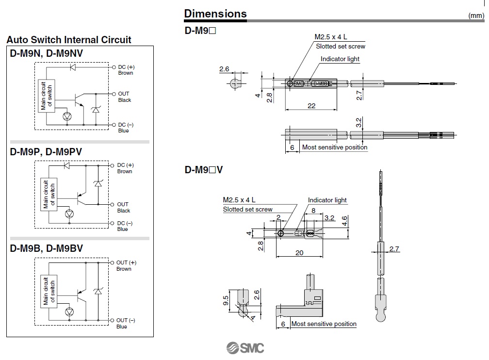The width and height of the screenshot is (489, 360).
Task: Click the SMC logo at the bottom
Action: point(245,348)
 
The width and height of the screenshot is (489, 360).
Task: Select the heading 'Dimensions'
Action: point(215,14)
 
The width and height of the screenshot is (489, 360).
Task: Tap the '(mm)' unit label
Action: point(475,16)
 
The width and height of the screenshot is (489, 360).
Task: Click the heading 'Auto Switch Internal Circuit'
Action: point(69,40)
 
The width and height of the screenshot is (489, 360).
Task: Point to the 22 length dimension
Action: point(312,105)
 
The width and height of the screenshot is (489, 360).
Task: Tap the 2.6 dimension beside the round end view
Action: point(224,69)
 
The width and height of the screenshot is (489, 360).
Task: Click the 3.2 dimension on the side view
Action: point(359,121)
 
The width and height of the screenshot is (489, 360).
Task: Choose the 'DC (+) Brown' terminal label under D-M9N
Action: point(125,70)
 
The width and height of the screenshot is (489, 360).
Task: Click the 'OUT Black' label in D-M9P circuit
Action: point(123,208)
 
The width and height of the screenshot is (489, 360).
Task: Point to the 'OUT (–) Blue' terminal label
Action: point(126,324)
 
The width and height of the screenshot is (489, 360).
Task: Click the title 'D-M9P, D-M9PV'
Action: point(46,152)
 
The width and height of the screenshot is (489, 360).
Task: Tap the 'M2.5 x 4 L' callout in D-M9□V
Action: point(239,200)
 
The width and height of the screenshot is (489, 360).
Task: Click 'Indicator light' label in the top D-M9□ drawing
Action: point(340,59)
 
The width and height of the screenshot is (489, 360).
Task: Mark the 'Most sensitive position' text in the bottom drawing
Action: point(324,324)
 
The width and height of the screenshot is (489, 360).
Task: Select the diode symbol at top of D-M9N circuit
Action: point(73,67)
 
